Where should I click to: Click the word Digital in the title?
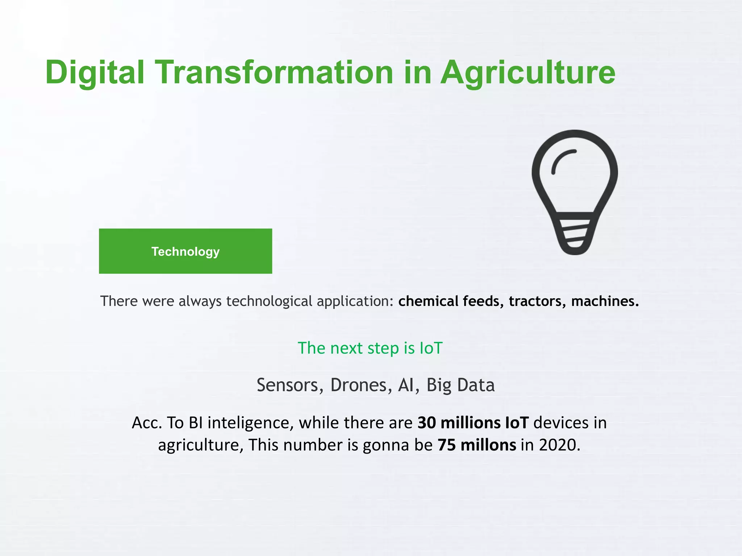click(x=95, y=72)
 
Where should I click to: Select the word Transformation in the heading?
click(x=274, y=72)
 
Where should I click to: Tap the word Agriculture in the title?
click(x=528, y=72)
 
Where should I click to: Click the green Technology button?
click(x=185, y=251)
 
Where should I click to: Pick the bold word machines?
click(x=605, y=301)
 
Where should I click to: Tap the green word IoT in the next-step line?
click(x=431, y=348)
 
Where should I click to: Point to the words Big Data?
click(x=460, y=385)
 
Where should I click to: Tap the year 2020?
click(x=559, y=445)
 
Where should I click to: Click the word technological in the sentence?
click(x=269, y=301)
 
